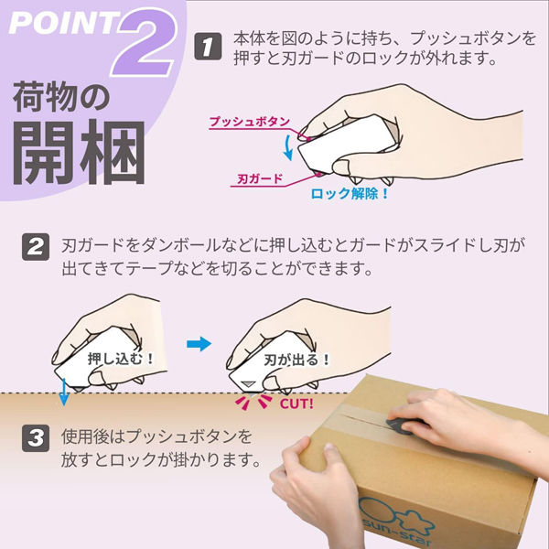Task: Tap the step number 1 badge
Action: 210,47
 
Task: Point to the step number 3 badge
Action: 36,437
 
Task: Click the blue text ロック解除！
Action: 350,194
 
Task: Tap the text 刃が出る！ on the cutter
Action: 297,361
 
